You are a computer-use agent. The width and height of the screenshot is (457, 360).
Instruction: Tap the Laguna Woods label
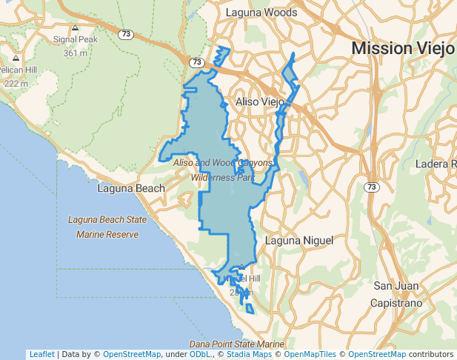point(261,13)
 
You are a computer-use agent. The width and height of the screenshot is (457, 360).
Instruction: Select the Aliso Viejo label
point(259,101)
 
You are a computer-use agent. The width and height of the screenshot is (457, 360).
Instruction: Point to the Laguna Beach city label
point(131,188)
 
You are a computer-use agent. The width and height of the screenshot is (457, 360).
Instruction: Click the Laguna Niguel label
point(299,241)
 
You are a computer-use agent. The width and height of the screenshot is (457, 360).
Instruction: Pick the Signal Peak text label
point(76,39)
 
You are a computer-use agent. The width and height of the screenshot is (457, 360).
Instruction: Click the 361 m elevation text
point(76,53)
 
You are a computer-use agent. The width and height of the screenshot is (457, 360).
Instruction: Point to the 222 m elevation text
point(16,83)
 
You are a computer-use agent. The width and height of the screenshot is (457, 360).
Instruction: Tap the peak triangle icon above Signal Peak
point(76,27)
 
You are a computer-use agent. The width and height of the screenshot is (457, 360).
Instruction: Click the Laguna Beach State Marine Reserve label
point(103,227)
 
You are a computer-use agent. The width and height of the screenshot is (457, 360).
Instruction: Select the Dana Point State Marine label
point(236,344)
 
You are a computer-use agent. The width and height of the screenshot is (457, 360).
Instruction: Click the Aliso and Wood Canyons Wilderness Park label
point(223,170)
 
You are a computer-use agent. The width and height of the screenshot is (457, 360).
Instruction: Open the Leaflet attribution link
point(41,354)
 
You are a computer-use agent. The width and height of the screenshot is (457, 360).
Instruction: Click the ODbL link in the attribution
point(199,354)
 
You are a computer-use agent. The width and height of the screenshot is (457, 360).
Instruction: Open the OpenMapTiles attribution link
point(310,354)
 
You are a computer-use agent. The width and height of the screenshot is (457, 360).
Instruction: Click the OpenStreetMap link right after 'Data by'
point(131,354)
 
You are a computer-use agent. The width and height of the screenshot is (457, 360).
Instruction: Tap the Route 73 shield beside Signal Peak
point(126,34)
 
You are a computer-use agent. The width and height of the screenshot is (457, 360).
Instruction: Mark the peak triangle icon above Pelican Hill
point(16,58)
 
